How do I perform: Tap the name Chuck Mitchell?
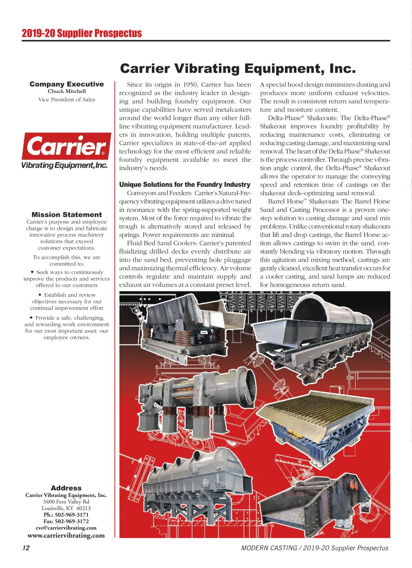pos(67,91)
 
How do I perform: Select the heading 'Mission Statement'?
pos(67,215)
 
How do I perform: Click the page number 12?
pos(26,548)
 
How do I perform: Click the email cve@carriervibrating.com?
pos(66,528)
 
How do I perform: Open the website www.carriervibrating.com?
pos(66,535)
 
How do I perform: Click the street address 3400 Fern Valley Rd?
pos(66,501)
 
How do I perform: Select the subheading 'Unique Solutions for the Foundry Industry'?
pos(185,185)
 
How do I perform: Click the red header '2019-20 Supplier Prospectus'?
pos(82,33)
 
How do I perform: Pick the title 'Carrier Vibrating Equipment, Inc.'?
pos(238,68)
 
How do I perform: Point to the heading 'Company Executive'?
pos(67,84)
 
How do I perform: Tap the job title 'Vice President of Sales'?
pos(67,100)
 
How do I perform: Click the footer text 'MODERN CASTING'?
pos(269,548)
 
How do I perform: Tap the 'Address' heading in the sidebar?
pos(66,488)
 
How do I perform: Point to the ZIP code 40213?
pos(83,508)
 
